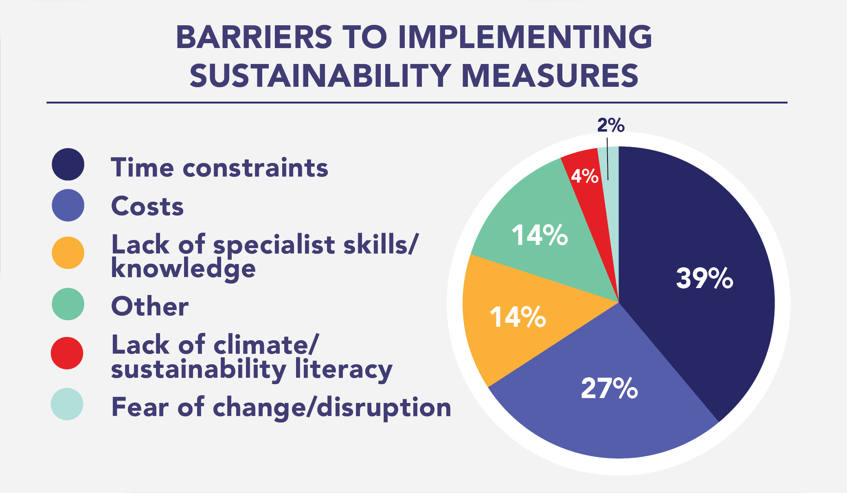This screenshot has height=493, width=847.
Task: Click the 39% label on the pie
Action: (x=704, y=279)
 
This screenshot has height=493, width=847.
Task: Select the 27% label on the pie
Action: (x=609, y=388)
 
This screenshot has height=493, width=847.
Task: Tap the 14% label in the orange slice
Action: (x=518, y=317)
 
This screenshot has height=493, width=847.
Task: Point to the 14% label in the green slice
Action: (x=540, y=235)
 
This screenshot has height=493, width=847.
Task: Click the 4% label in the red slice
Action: (x=585, y=176)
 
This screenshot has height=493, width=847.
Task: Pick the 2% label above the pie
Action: (x=610, y=125)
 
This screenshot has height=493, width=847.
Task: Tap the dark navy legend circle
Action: (x=68, y=164)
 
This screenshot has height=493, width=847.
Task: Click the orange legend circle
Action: (x=68, y=253)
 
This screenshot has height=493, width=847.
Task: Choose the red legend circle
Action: (x=67, y=353)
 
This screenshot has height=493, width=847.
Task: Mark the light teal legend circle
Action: (x=67, y=404)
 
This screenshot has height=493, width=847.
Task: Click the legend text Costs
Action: (x=147, y=206)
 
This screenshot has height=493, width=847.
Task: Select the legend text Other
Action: (x=150, y=306)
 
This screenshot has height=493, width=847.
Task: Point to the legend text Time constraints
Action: (x=219, y=167)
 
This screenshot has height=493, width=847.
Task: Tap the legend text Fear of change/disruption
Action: (x=281, y=407)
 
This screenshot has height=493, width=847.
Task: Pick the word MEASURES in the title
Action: (x=550, y=76)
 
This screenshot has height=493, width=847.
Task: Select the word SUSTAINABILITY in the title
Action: (x=320, y=76)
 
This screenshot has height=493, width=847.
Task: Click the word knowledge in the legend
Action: (x=184, y=269)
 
